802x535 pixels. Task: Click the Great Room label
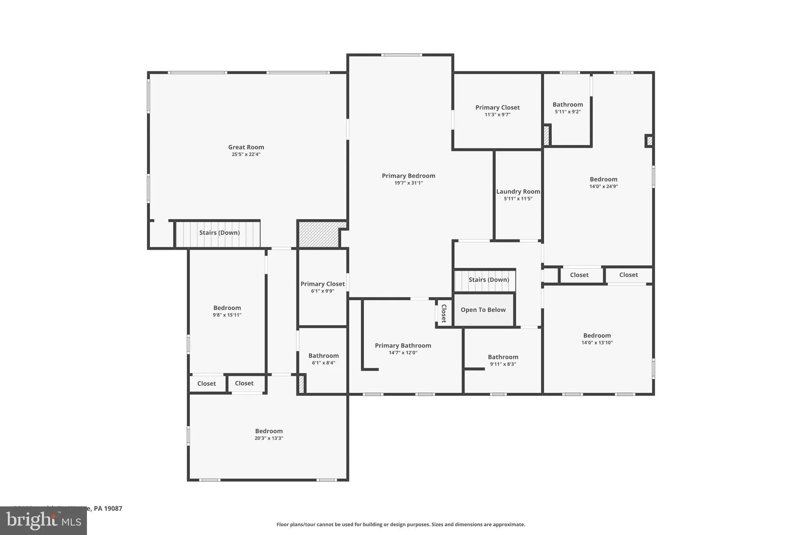coord(246,147)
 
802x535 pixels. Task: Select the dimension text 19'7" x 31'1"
coord(408,183)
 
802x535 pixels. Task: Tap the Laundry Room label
coord(518,192)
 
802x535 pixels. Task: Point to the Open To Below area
coord(483,310)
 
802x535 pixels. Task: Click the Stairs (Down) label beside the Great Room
coord(219,233)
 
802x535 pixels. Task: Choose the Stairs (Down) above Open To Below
coord(489,280)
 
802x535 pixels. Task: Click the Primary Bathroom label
coord(403,346)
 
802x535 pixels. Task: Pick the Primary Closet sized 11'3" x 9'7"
coord(497,108)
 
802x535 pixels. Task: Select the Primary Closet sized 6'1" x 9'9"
coord(323,284)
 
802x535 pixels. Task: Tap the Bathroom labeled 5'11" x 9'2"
coord(568,105)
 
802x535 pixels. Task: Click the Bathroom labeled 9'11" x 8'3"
coord(503,357)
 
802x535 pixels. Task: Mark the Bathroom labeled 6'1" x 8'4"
coord(323,356)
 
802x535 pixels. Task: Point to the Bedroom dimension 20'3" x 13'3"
coord(269,438)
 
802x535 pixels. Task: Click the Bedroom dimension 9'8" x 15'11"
coord(227,315)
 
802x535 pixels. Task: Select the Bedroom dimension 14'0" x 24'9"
coord(603,187)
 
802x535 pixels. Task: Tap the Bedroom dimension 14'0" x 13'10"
coord(597,343)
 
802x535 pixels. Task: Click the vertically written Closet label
coord(444,313)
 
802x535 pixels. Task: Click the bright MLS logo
coord(43,521)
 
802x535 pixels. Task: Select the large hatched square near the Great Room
coord(319,235)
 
